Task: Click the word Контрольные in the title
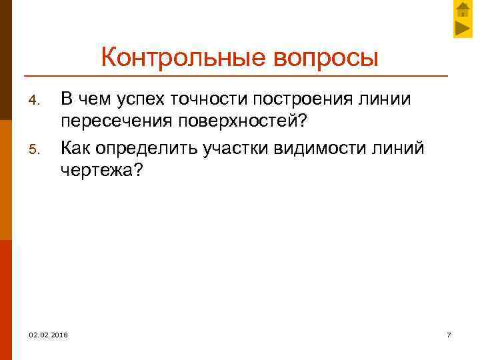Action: tap(184, 58)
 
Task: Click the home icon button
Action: tap(463, 10)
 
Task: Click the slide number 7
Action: tap(449, 334)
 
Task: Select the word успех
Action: tap(143, 100)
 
